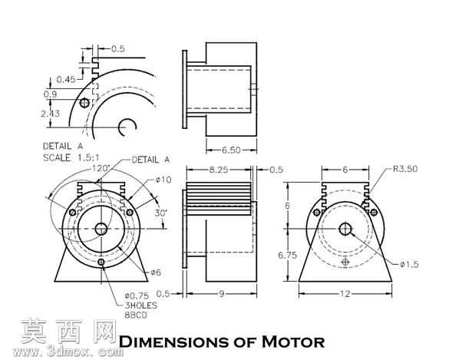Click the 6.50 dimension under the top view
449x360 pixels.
(x=231, y=150)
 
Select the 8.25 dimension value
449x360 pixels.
(x=219, y=170)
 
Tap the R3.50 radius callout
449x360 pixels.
(x=405, y=169)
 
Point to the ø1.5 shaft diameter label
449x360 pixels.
(x=409, y=264)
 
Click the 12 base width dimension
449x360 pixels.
(x=345, y=294)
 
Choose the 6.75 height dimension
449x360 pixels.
(x=287, y=255)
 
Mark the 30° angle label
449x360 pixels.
(x=161, y=213)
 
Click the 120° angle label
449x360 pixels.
(x=101, y=168)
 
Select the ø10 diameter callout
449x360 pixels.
(x=163, y=180)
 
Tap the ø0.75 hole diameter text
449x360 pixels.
(x=137, y=296)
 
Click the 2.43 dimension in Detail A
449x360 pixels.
(x=50, y=114)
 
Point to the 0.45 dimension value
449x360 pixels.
(x=66, y=79)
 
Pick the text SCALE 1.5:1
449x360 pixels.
(x=71, y=157)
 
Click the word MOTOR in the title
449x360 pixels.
(x=293, y=342)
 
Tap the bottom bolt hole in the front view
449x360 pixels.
(x=101, y=262)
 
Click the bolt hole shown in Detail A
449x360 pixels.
(x=84, y=103)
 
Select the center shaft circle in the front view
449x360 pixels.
(x=101, y=229)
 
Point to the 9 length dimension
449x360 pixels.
(x=221, y=294)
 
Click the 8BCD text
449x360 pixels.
(x=136, y=315)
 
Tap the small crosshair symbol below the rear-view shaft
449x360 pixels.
(x=345, y=262)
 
